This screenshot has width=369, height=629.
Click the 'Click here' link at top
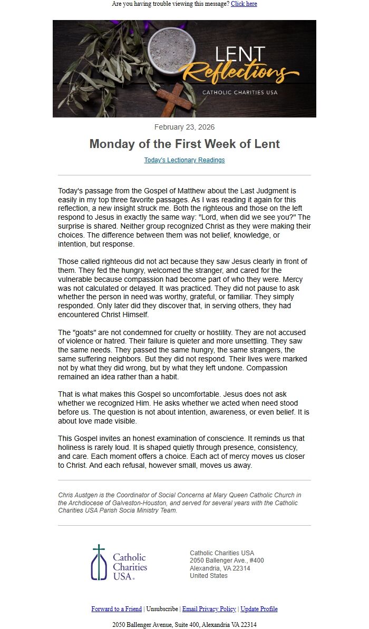coord(244,4)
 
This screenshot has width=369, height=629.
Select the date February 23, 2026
coord(184,127)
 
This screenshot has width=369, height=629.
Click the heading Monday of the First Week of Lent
coord(184,144)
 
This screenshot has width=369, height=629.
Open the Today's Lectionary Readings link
coord(184,160)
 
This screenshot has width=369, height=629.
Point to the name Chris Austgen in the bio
coord(77,495)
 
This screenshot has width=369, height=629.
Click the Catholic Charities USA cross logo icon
coord(99,562)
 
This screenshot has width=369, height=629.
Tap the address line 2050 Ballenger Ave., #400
coord(227,561)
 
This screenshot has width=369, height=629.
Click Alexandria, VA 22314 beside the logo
coord(220,568)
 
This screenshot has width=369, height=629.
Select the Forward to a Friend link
coord(116,609)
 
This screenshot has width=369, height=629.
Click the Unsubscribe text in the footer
coord(162,609)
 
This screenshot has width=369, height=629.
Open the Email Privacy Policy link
coord(209,609)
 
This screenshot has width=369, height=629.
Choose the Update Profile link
coord(259,609)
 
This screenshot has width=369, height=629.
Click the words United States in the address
coord(209,576)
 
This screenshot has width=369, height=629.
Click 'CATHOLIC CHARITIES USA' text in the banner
coord(240,93)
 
